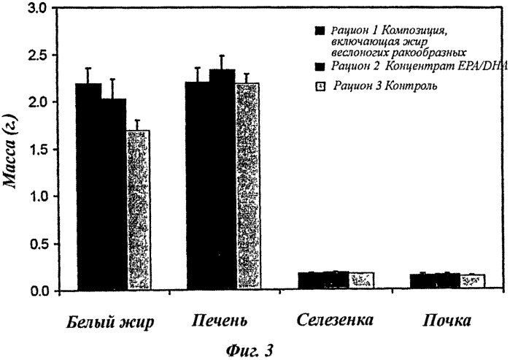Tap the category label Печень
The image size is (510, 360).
220,321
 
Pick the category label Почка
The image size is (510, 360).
447,321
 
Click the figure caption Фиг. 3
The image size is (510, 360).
250,349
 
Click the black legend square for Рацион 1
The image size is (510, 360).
318,31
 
